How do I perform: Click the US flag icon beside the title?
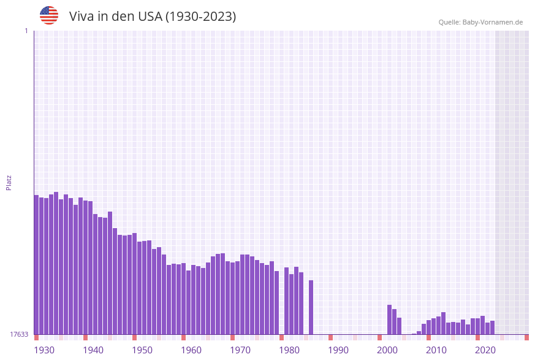pyautogui.click(x=49, y=15)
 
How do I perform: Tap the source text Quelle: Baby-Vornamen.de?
pyautogui.click(x=480, y=22)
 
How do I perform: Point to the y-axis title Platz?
pyautogui.click(x=9, y=182)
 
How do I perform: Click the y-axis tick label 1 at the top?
pyautogui.click(x=26, y=31)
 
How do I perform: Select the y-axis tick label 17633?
pyautogui.click(x=19, y=334)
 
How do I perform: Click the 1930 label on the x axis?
pyautogui.click(x=44, y=350)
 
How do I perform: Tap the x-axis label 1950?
pyautogui.click(x=142, y=350)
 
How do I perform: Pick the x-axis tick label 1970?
pyautogui.click(x=240, y=350)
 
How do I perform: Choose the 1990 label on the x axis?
pyautogui.click(x=338, y=350)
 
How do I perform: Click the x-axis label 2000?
pyautogui.click(x=387, y=350)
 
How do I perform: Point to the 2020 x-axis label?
pyautogui.click(x=485, y=350)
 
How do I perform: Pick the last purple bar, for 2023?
pyautogui.click(x=493, y=327)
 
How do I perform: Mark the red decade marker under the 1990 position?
pyautogui.click(x=331, y=337)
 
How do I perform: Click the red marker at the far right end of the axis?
pyautogui.click(x=526, y=337)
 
